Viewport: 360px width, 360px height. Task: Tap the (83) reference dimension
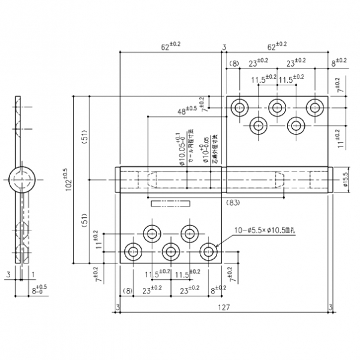click(233, 203)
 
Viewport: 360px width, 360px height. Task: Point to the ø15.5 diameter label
click(346, 181)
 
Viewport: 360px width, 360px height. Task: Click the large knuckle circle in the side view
click(23, 179)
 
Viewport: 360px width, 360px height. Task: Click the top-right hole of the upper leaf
click(315, 107)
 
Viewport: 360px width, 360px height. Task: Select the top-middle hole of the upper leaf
click(277, 107)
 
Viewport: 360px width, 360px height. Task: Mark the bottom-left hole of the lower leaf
click(132, 251)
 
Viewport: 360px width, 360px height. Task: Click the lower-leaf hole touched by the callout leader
click(208, 251)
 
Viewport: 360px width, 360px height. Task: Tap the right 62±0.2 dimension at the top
click(277, 46)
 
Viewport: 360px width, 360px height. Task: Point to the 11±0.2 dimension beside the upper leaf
click(340, 138)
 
